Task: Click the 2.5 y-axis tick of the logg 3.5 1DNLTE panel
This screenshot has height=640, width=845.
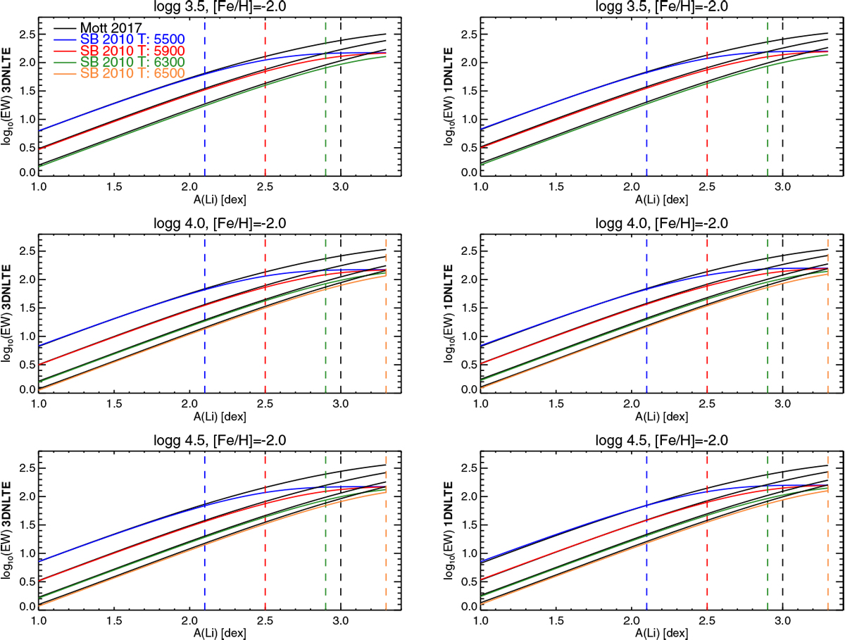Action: click(x=463, y=34)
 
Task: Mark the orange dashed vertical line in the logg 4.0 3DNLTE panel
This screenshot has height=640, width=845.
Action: click(x=386, y=317)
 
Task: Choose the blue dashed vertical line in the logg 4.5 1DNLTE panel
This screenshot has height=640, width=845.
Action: click(x=646, y=535)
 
